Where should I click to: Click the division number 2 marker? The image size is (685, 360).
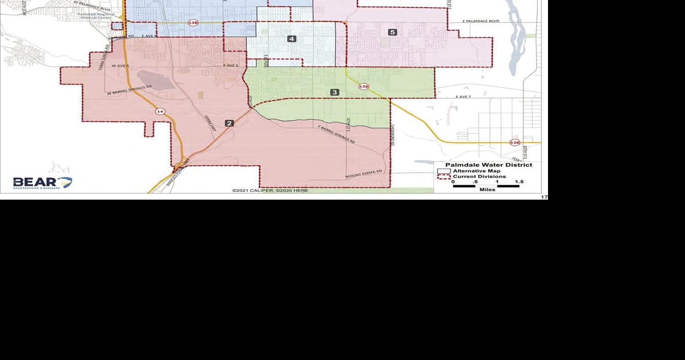(230, 123)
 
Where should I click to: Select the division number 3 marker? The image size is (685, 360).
(335, 92)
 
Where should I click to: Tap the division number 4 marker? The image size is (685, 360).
(292, 39)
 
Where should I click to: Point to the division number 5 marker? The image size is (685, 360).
(392, 32)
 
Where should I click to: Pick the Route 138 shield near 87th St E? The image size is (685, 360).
(515, 142)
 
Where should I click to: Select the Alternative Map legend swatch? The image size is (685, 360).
(447, 171)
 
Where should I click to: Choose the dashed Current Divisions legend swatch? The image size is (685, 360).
(444, 176)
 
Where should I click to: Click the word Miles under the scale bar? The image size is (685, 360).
(487, 190)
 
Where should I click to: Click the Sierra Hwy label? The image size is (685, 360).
(210, 123)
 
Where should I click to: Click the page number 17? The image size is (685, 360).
(544, 197)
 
